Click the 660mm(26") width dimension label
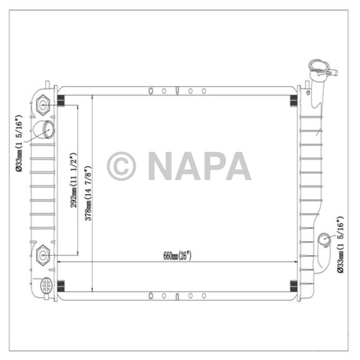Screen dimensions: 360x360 click(177, 256)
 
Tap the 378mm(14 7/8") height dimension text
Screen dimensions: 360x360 click(88, 193)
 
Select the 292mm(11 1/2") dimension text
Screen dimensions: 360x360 click(74, 180)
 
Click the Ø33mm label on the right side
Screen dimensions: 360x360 click(340, 243)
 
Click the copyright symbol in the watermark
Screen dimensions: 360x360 click(121, 166)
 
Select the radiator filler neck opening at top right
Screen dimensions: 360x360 click(318, 67)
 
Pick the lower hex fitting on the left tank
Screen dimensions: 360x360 click(44, 254)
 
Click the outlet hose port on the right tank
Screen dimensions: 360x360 click(325, 240)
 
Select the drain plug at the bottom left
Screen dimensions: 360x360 click(46, 285)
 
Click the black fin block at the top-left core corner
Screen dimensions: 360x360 click(61, 102)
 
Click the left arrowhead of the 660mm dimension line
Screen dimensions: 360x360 click(58, 262)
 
